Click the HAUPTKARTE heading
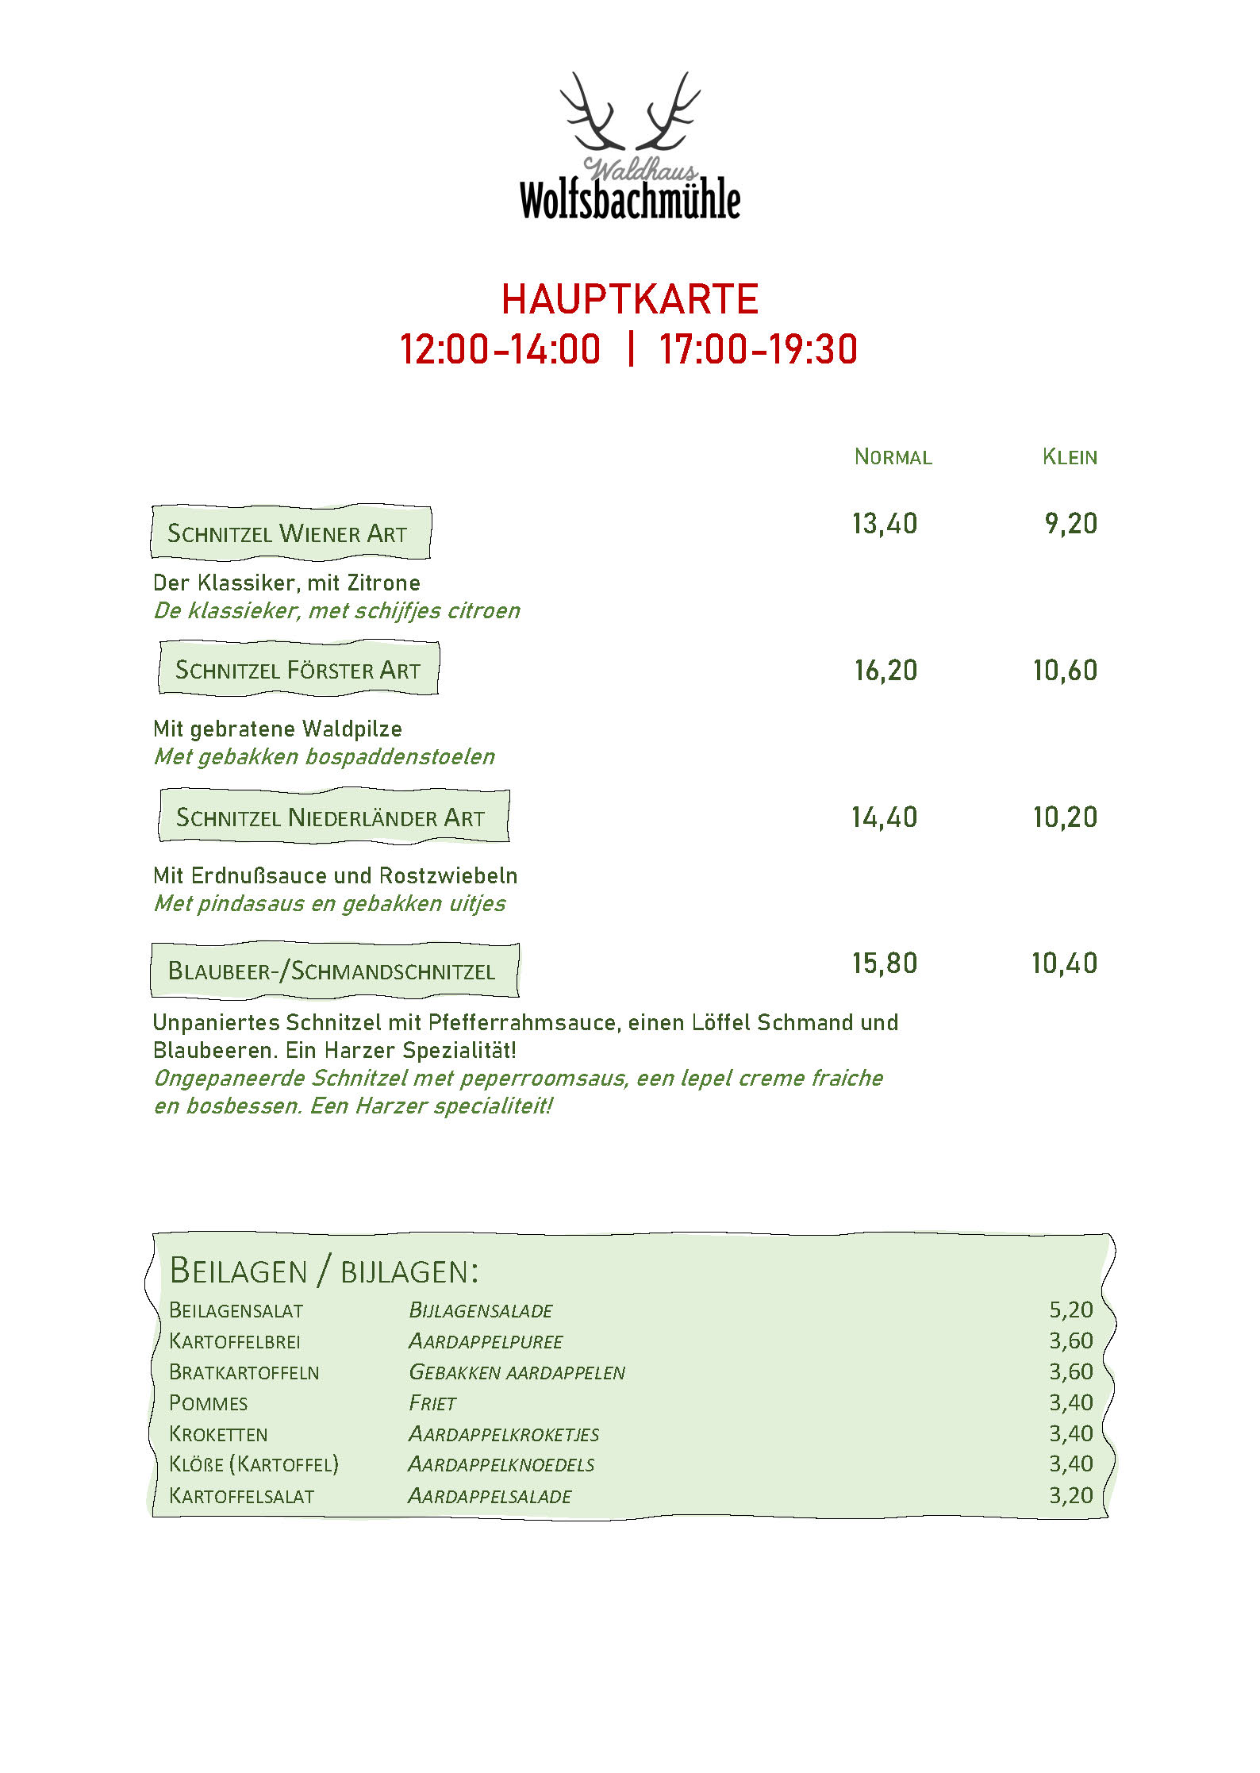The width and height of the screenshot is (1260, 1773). (629, 299)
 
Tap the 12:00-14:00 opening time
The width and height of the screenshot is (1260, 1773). (500, 350)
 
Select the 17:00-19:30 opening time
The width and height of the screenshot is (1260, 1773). (758, 350)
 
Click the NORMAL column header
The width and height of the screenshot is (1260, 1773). (893, 457)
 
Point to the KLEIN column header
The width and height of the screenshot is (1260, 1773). (1070, 457)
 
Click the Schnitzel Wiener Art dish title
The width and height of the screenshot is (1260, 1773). (287, 533)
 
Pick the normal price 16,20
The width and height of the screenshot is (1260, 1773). (885, 671)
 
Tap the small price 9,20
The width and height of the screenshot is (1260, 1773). (1070, 524)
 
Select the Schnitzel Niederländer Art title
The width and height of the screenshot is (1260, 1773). (330, 817)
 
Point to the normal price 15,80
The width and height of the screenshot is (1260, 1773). (885, 963)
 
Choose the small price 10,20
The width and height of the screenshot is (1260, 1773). (1065, 817)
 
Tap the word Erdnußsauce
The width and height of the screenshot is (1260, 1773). (263, 875)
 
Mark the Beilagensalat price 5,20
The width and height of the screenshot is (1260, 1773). (1070, 1310)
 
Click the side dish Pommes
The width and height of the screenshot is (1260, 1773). (209, 1403)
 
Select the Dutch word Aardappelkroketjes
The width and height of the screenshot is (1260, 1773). (504, 1434)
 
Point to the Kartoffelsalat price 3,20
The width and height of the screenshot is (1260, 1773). (1070, 1495)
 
